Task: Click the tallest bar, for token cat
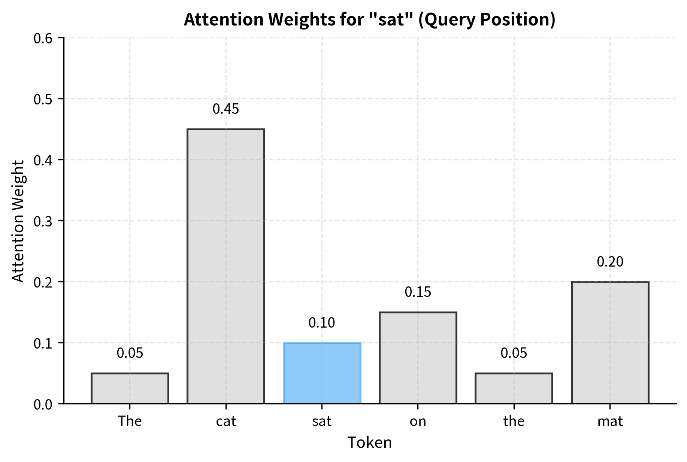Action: coord(226,266)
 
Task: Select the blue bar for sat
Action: coord(322,373)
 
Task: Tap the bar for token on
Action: coord(418,358)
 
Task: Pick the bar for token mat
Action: coord(610,342)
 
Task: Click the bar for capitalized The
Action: coord(130,388)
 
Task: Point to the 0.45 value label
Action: coord(226,109)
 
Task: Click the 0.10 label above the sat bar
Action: coord(322,323)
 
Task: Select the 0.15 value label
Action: coord(418,292)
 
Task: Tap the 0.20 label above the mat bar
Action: coord(610,262)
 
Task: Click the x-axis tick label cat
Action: coord(226,422)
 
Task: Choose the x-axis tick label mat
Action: coord(610,422)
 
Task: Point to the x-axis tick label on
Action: coord(418,422)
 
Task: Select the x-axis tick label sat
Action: coord(322,422)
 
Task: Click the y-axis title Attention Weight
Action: coord(18,221)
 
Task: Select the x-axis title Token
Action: coord(370,443)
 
